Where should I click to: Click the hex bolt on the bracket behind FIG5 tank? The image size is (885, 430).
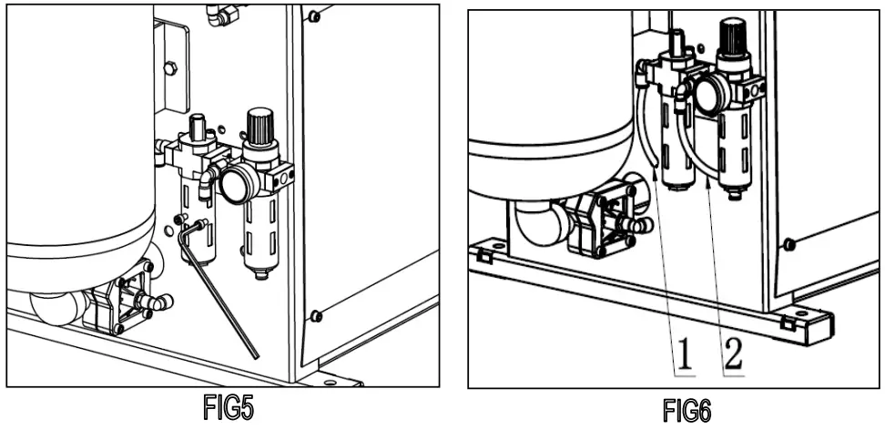168,67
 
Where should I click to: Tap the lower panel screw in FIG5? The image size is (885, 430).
315,316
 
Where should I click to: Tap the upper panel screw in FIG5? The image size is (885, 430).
314,16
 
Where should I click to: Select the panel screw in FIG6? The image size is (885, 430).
789,243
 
